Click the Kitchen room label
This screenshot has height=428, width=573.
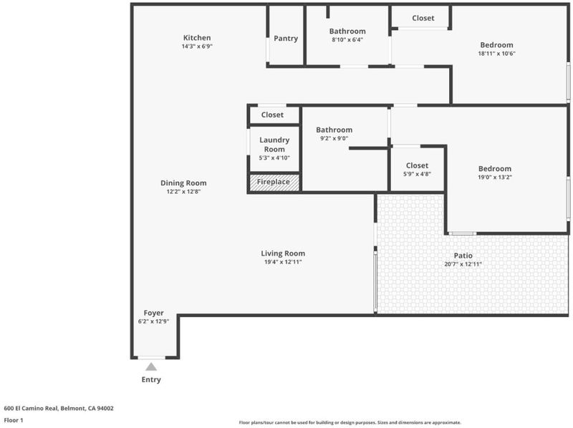coord(197,38)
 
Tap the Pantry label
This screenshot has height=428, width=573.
coord(286,39)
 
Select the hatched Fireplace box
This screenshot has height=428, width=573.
coord(274,183)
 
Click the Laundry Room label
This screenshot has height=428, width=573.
coord(274,145)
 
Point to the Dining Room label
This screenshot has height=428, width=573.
coord(183,183)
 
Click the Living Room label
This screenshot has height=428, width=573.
coord(283,253)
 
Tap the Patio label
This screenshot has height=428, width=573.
coord(463,256)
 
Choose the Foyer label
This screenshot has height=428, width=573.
coord(154,313)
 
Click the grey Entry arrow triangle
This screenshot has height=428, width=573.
coord(151,367)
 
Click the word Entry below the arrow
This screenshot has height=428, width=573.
coord(151,380)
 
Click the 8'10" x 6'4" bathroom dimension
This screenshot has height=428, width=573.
coord(347,40)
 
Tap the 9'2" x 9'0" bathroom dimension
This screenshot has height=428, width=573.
coord(334,139)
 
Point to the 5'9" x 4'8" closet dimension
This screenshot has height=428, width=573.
coord(417,174)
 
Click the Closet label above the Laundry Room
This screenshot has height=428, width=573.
coord(272,115)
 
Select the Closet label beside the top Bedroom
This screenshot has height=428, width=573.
coord(423,18)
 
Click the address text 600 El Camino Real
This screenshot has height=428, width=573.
coord(59,409)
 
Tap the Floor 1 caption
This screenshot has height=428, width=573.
coord(14,421)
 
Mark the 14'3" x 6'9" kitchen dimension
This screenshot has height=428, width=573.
coord(197,46)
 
